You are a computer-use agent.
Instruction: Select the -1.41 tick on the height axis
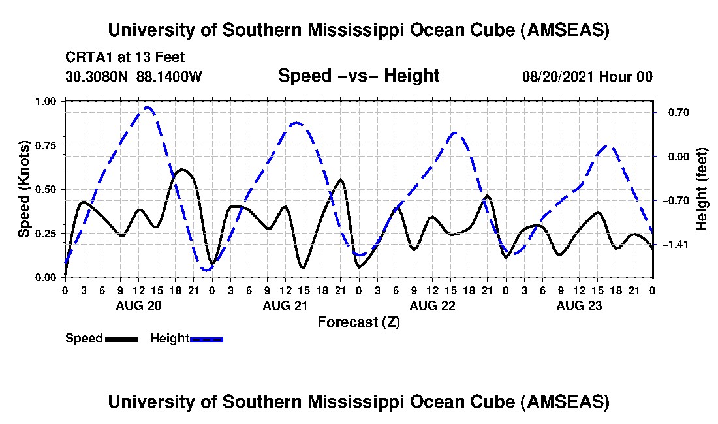pyautogui.click(x=672, y=245)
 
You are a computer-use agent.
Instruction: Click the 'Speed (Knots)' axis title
pyautogui.click(x=23, y=189)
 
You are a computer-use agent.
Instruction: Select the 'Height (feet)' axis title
pyautogui.click(x=702, y=189)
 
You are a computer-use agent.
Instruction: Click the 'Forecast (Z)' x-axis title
pyautogui.click(x=358, y=322)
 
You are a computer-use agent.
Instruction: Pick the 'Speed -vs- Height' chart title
pyautogui.click(x=358, y=76)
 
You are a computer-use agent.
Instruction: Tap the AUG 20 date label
pyautogui.click(x=138, y=305)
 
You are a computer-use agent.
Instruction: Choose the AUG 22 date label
pyautogui.click(x=431, y=305)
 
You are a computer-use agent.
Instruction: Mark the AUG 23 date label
pyautogui.click(x=578, y=305)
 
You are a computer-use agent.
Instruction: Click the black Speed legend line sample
pyautogui.click(x=121, y=339)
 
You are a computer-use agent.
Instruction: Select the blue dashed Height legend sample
pyautogui.click(x=206, y=339)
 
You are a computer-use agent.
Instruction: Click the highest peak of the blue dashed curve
pyautogui.click(x=149, y=108)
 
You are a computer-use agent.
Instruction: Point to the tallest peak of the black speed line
pyautogui.click(x=182, y=170)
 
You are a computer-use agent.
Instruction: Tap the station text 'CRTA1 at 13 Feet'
pyautogui.click(x=125, y=57)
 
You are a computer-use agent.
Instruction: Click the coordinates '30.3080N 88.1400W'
pyautogui.click(x=134, y=76)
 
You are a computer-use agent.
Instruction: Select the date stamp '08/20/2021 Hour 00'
pyautogui.click(x=587, y=76)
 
